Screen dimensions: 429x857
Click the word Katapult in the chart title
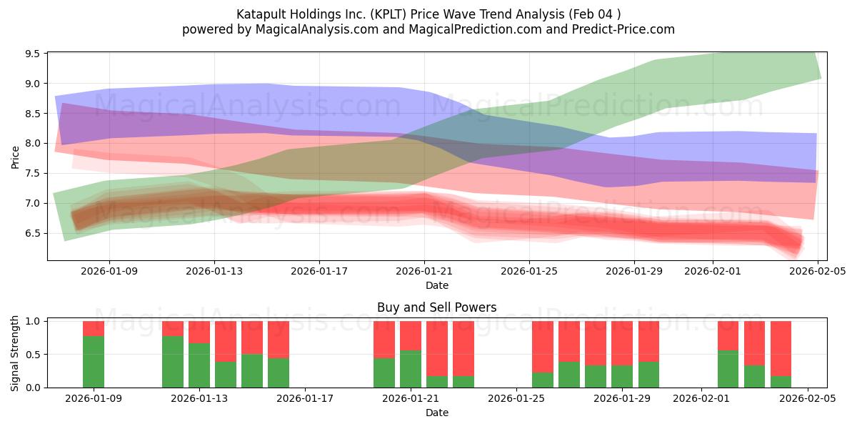coord(261,14)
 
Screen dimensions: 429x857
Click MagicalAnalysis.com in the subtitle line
coord(312,29)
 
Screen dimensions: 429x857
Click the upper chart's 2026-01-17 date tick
coord(319,272)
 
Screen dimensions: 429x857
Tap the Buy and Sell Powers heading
coord(436,307)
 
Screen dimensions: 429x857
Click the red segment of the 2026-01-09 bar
coord(94,328)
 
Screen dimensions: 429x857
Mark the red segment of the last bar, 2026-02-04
coord(781,348)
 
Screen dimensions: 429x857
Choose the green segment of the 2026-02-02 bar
coord(728,369)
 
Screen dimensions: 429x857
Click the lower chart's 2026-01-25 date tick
coord(516,399)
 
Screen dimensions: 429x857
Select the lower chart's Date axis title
coord(436,413)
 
